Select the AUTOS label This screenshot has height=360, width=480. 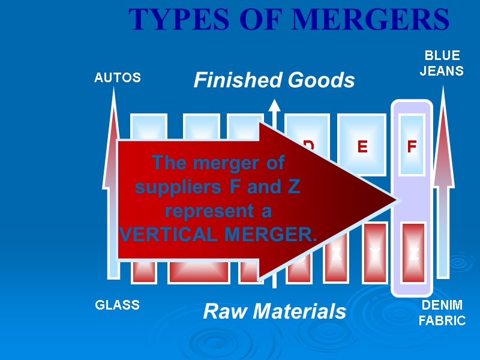[x=118, y=77]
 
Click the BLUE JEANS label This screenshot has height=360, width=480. [x=442, y=63]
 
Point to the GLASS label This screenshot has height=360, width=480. [x=118, y=305]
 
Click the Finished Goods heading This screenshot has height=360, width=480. [x=274, y=80]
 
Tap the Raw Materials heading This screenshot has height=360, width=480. [x=275, y=311]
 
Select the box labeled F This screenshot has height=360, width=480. [x=412, y=146]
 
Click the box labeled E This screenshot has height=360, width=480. [x=362, y=146]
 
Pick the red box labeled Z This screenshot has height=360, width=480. [x=413, y=253]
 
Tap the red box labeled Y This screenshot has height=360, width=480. [x=375, y=253]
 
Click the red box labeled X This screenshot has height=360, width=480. [x=336, y=253]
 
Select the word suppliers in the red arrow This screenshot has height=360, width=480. [x=179, y=187]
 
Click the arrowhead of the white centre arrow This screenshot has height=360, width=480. [x=274, y=106]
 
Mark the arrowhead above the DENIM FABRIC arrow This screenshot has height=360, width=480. [x=443, y=99]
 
